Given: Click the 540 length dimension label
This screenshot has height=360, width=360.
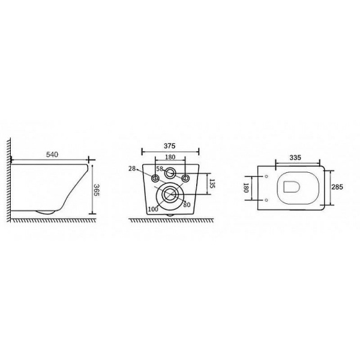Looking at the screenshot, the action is point(52,155).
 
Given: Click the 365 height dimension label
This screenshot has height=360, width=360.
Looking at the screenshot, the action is point(97,190).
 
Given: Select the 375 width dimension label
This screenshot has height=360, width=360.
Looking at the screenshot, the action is point(169,146).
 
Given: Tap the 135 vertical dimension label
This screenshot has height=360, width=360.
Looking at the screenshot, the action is point(212,184).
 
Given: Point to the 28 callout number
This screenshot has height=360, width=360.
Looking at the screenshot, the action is point(132,169).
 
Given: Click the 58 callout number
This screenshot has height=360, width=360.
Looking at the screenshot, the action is point(160,169).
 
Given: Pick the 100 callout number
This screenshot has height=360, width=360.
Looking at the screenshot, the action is point(153,209).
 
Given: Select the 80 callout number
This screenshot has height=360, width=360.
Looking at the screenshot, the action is point(187,205).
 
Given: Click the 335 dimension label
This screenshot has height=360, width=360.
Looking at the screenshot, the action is point(295,158).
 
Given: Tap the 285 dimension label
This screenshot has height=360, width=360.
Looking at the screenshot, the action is point(337,187).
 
